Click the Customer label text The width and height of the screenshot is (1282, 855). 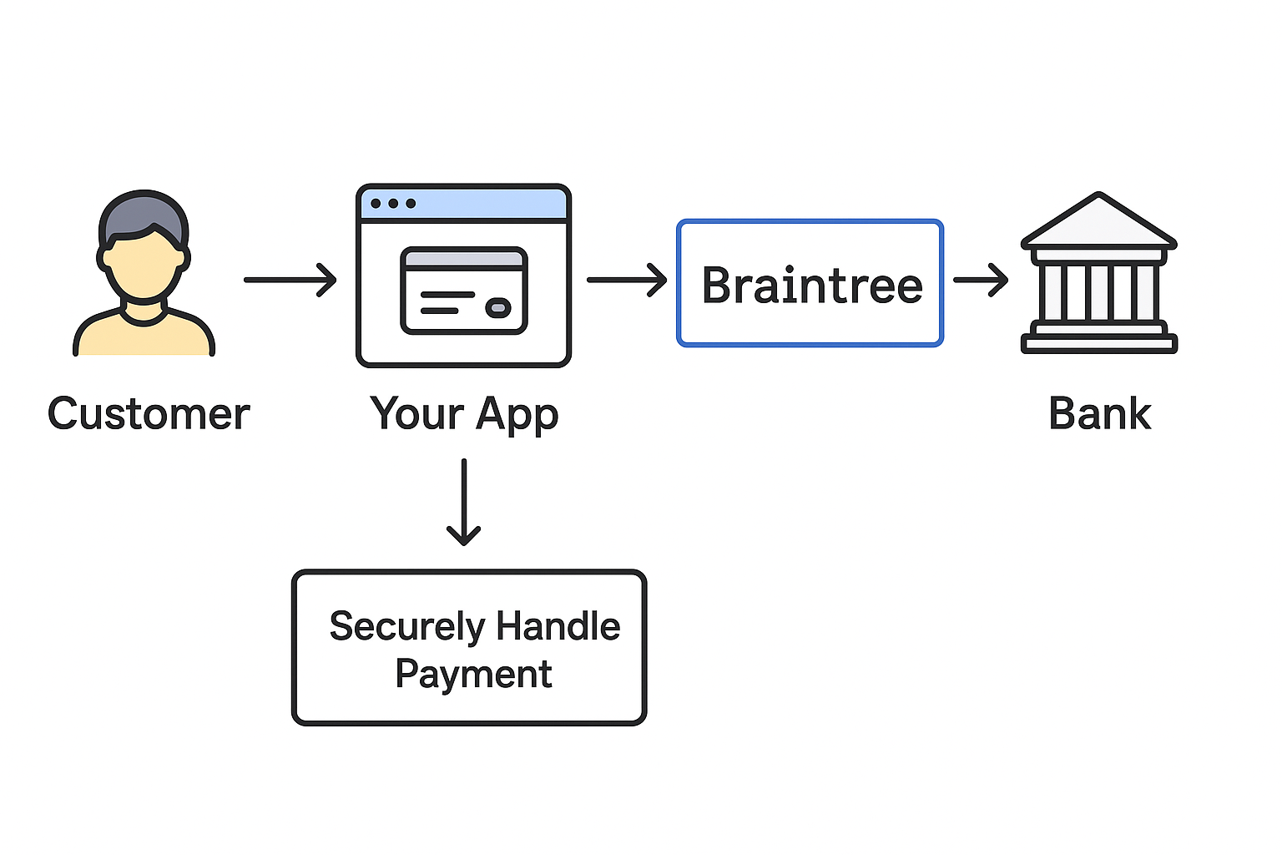pos(149,414)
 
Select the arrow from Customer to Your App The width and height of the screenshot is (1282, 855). pos(290,280)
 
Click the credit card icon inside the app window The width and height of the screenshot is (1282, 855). pos(463,291)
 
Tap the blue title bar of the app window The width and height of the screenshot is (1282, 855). pos(484,204)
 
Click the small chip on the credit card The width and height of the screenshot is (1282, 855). pos(498,308)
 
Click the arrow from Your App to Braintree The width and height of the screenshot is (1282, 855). pos(626,280)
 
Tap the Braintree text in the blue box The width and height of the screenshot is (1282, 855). pos(811,286)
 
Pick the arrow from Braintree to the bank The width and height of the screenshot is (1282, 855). pos(980,280)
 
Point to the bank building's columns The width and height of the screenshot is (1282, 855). pos(1098,292)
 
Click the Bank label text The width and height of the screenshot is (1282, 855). pos(1099,414)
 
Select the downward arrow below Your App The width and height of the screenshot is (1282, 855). pos(463,501)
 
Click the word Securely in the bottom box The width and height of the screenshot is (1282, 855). pos(406,627)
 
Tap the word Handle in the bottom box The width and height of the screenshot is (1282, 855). pos(558,626)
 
